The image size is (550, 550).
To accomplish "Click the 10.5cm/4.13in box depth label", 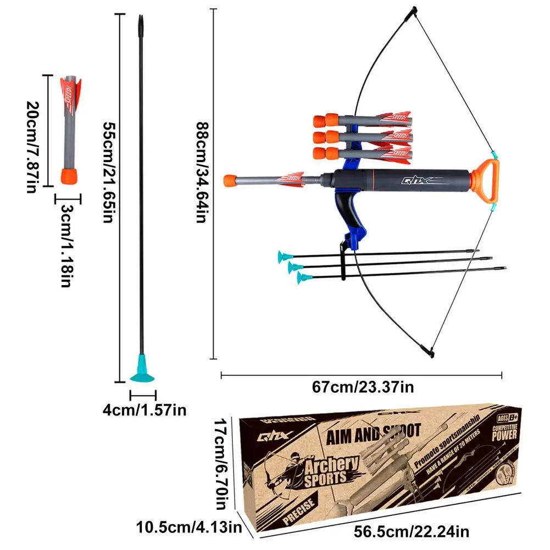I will pos(189,529).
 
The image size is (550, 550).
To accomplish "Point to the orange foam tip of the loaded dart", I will pos(231,180).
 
